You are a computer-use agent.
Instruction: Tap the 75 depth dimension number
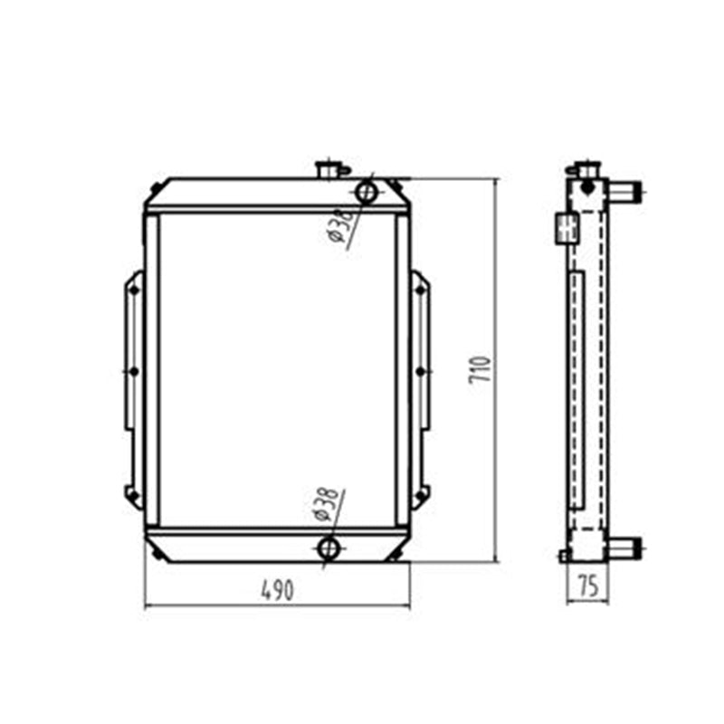click(x=587, y=586)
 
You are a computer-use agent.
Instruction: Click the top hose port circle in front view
click(x=367, y=192)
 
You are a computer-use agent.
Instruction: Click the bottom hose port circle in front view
click(x=329, y=548)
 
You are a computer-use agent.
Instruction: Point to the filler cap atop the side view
click(x=585, y=169)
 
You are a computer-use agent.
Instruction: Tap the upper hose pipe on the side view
click(x=624, y=191)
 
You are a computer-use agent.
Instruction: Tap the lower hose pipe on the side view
click(x=624, y=548)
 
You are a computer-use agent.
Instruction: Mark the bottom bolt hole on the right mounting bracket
click(x=419, y=493)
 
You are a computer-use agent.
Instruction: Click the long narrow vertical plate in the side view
click(x=577, y=389)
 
